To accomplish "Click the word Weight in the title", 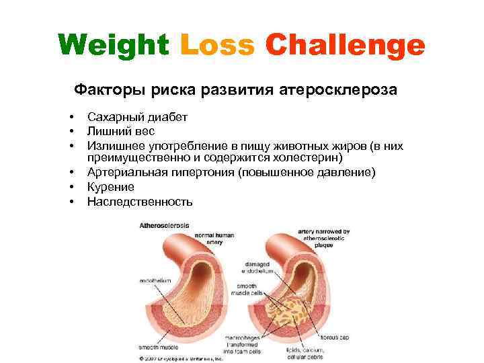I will tap(113, 46).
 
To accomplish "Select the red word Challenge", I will tap(345, 46).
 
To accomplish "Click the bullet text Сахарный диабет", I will tap(137, 117).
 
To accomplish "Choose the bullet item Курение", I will tap(110, 187).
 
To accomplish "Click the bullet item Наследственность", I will tap(140, 201).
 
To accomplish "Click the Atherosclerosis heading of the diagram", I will tap(164, 226).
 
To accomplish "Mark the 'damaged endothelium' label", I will tap(259, 268).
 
